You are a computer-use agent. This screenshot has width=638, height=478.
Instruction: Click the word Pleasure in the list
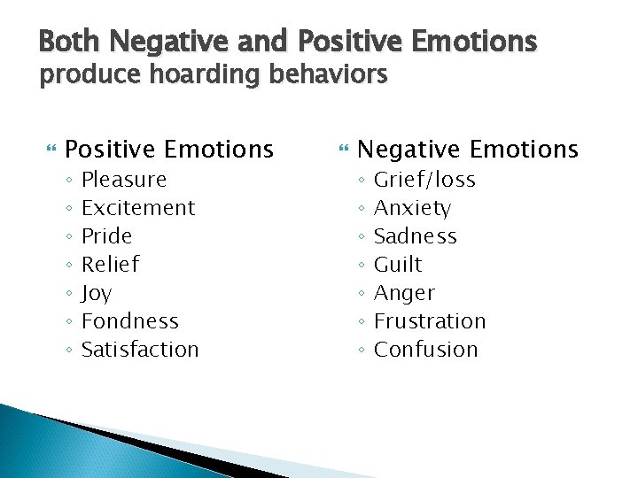point(124,180)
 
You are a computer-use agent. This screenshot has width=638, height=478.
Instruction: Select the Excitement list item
point(138,208)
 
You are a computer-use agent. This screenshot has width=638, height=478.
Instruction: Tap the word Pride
point(106,236)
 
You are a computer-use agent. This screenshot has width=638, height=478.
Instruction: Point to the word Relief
point(110,265)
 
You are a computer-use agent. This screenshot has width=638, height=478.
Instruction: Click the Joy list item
point(97,294)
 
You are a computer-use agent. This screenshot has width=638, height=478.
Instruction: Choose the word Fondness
point(130,321)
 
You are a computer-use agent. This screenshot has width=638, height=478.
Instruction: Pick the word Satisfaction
point(140,350)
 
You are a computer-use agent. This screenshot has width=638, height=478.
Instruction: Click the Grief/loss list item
point(424,180)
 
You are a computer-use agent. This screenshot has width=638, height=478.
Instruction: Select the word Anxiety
point(412,208)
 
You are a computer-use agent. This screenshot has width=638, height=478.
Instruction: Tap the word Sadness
point(416,236)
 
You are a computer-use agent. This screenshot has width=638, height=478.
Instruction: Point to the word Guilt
point(398,265)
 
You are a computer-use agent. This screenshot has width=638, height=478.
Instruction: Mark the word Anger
point(404,293)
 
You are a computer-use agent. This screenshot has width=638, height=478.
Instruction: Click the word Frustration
point(430,321)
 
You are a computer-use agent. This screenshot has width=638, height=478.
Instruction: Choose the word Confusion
point(425,350)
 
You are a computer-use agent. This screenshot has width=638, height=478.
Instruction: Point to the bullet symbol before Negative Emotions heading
point(341,150)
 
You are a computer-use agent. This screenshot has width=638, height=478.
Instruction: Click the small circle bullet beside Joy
point(68,294)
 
